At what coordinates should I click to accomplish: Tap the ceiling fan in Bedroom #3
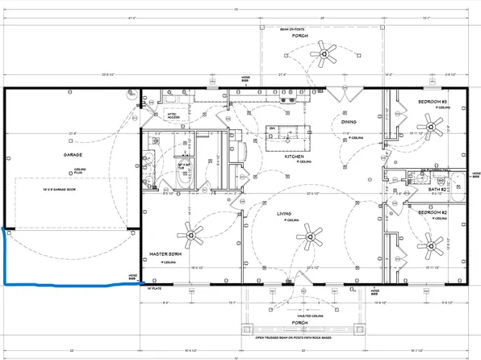tap(434, 127)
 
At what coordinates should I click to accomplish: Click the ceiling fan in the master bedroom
tap(192, 235)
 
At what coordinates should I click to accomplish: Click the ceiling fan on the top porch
tap(328, 54)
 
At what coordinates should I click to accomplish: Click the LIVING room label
tap(284, 214)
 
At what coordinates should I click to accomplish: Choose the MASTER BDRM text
tap(165, 254)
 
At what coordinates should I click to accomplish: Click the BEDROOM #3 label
tap(433, 101)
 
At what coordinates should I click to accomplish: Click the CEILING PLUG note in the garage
tap(81, 171)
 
